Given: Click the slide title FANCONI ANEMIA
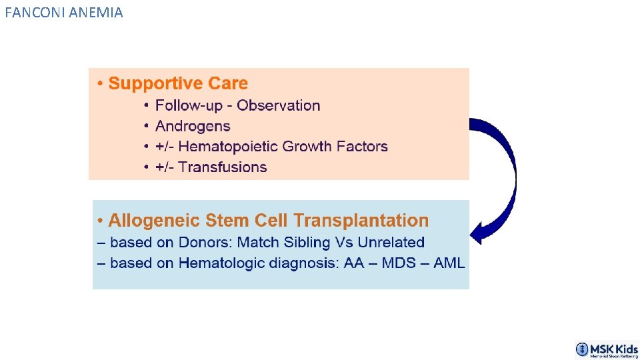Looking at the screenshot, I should pyautogui.click(x=63, y=12).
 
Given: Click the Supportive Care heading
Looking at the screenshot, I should pyautogui.click(x=177, y=84).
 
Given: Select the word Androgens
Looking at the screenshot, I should pyautogui.click(x=193, y=126).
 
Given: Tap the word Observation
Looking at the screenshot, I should pyautogui.click(x=279, y=105).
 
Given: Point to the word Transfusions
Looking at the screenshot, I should pyautogui.click(x=223, y=167).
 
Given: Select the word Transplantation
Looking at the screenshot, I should pyautogui.click(x=361, y=221).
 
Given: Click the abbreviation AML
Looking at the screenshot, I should pyautogui.click(x=449, y=263).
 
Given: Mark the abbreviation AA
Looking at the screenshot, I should pyautogui.click(x=354, y=263).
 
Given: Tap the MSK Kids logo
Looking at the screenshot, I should pyautogui.click(x=607, y=349).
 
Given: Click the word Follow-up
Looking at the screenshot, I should pyautogui.click(x=189, y=105).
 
